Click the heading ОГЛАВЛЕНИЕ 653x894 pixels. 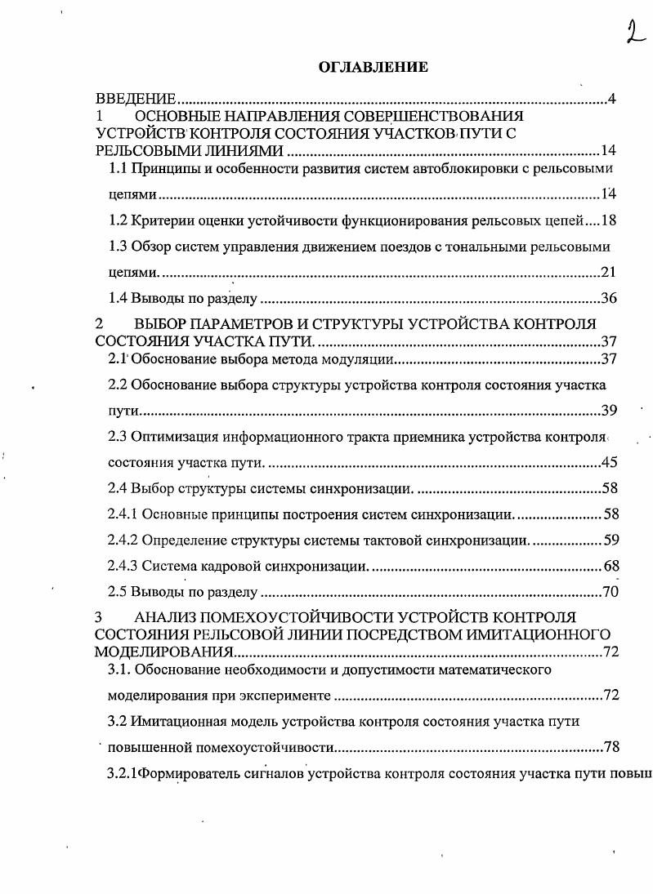pos(373,68)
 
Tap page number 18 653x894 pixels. pos(608,220)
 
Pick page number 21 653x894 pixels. pos(608,272)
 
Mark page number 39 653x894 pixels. pos(610,410)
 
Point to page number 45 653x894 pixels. pos(609,463)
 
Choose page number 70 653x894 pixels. pos(610,593)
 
